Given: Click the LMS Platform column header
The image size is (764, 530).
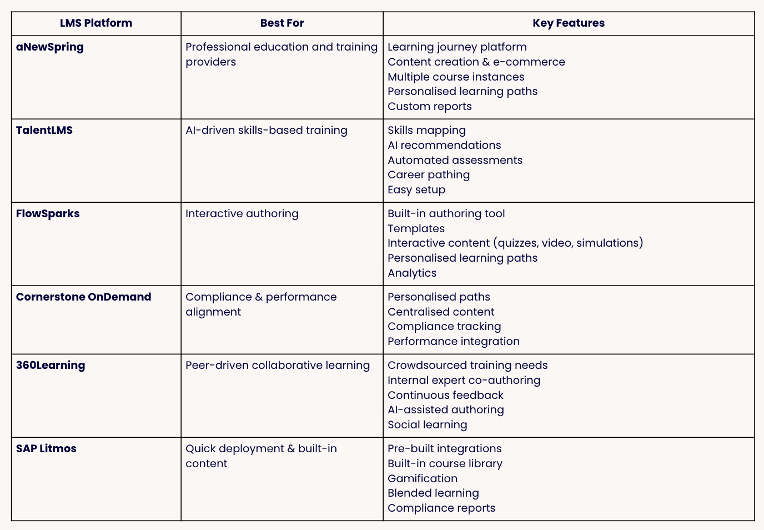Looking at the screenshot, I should (x=96, y=23).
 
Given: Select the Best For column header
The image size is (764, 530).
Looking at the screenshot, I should (x=282, y=23).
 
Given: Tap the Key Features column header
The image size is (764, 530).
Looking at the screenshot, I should (x=569, y=23).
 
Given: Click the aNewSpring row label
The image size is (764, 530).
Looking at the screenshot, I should (x=50, y=47).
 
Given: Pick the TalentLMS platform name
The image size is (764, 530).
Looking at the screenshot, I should (x=44, y=131).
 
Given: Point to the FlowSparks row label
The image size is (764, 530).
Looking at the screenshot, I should (x=48, y=214).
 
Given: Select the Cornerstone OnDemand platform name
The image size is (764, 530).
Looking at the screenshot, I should (x=83, y=297).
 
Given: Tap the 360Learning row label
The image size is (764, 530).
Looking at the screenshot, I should (x=51, y=366).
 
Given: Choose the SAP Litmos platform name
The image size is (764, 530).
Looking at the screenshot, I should (x=46, y=449).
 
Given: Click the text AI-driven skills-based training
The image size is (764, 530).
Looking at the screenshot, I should (x=267, y=131).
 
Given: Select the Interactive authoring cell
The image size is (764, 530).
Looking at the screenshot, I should (x=242, y=214).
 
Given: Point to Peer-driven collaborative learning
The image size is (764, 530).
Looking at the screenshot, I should (x=278, y=366).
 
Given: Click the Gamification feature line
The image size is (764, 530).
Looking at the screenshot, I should (x=423, y=478).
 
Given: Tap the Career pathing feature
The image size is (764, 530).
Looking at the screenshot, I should (x=429, y=175).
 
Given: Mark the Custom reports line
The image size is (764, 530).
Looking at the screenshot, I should (x=430, y=107).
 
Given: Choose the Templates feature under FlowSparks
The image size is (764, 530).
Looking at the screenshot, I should (x=416, y=229).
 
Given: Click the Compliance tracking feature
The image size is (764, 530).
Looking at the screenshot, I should (x=444, y=327).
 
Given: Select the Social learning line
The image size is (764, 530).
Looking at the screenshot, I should (x=428, y=425).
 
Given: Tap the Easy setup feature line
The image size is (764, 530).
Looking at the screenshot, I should (x=416, y=190).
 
